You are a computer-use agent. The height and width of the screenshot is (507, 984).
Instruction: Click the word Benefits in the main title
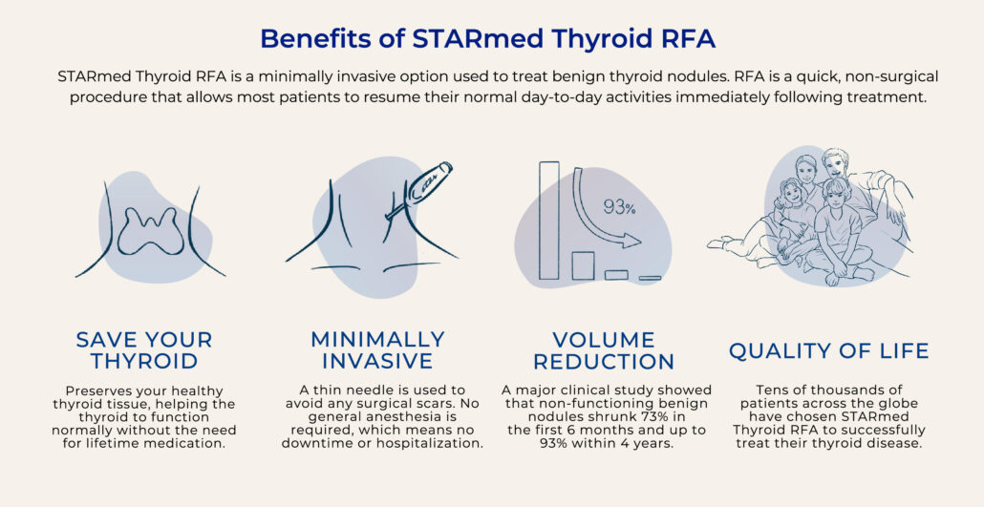tap(314, 38)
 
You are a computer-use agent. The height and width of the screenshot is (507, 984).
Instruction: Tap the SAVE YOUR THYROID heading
tap(144, 350)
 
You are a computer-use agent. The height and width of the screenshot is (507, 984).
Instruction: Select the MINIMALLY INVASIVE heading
tap(377, 350)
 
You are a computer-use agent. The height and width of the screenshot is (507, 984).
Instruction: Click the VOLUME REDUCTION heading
tap(604, 350)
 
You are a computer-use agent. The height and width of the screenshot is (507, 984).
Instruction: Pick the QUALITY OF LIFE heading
tap(828, 350)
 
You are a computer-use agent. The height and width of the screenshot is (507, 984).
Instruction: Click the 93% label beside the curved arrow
tap(619, 207)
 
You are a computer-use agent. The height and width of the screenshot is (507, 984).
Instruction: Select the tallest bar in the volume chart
tap(548, 221)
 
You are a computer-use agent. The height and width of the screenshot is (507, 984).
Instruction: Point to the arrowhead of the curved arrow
tap(631, 241)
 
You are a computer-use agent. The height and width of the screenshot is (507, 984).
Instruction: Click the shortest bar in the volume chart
tap(650, 278)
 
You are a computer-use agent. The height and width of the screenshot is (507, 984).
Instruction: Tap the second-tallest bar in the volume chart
tap(583, 265)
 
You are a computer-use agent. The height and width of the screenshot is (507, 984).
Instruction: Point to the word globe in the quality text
tap(899, 404)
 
